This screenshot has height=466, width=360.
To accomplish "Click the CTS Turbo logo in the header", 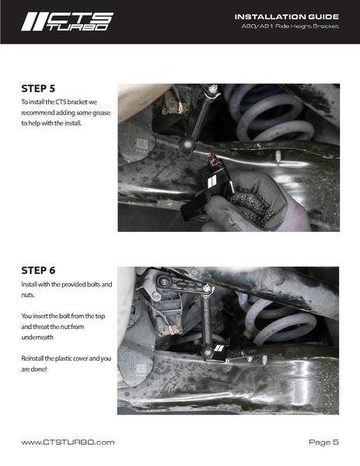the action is pyautogui.click(x=67, y=22).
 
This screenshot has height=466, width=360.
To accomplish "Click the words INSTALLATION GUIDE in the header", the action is pyautogui.click(x=287, y=16).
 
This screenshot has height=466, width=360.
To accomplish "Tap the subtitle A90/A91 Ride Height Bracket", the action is pyautogui.click(x=290, y=26).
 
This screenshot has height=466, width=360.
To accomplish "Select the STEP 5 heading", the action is pyautogui.click(x=38, y=89).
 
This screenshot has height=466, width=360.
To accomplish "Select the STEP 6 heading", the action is pyautogui.click(x=38, y=271).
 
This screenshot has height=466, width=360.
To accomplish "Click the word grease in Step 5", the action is pyautogui.click(x=101, y=113).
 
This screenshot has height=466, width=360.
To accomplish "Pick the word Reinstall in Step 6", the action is pyautogui.click(x=32, y=359).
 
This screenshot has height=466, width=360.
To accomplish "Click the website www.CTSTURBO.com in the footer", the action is pyautogui.click(x=68, y=442).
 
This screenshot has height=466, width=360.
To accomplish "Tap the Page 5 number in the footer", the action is pyautogui.click(x=323, y=442).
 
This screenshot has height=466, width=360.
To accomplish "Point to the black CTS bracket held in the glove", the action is pyautogui.click(x=208, y=190).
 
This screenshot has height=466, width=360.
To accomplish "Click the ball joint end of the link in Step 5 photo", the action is pyautogui.click(x=187, y=145).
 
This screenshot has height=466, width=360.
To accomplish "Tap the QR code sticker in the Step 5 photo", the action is pyautogui.click(x=142, y=144).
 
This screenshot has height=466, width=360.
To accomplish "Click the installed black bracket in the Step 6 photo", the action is pyautogui.click(x=219, y=352).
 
